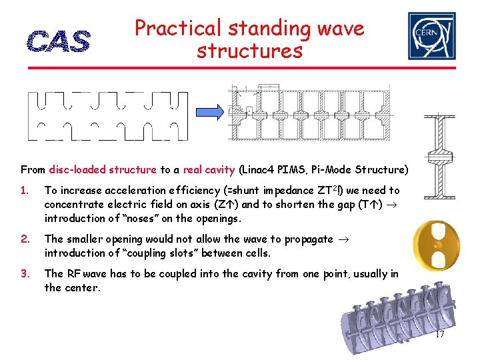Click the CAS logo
coord(59,42)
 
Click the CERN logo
coord(431,36)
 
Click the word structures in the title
coord(249,51)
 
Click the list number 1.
coord(25,191)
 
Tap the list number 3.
coord(25,273)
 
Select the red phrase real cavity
coord(206,170)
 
